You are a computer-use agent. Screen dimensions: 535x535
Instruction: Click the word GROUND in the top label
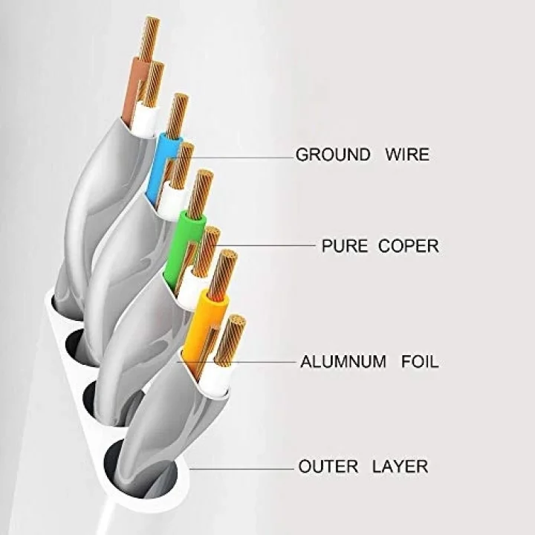[333, 155]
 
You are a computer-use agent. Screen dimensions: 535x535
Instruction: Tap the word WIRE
[407, 155]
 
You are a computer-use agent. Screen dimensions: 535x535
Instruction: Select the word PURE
[345, 246]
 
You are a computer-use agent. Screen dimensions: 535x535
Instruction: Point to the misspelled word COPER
[409, 246]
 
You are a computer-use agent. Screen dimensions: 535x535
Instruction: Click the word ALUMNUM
[343, 362]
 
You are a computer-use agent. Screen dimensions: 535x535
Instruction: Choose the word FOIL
[420, 362]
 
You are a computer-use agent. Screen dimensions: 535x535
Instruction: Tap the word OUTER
[328, 467]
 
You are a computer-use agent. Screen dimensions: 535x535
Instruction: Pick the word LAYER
[400, 467]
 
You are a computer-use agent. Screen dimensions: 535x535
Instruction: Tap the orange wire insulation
[204, 328]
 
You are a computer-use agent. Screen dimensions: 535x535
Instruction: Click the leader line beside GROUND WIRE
[241, 158]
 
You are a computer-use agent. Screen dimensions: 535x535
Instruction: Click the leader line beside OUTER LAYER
[241, 469]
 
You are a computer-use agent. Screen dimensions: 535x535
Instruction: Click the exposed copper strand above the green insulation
[200, 194]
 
